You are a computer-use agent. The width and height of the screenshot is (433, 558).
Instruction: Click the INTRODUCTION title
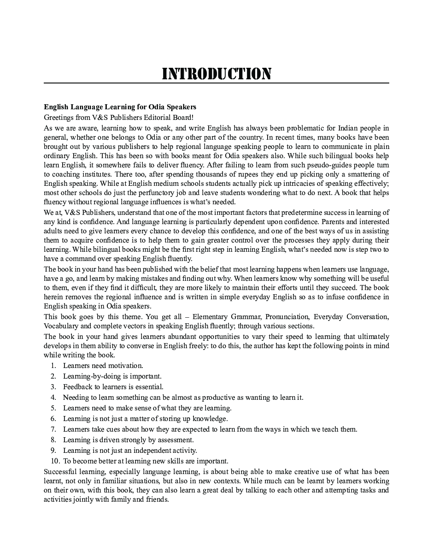[x=216, y=74]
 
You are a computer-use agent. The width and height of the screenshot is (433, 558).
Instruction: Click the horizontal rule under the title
[x=216, y=83]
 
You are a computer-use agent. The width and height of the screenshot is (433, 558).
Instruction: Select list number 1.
[x=53, y=366]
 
